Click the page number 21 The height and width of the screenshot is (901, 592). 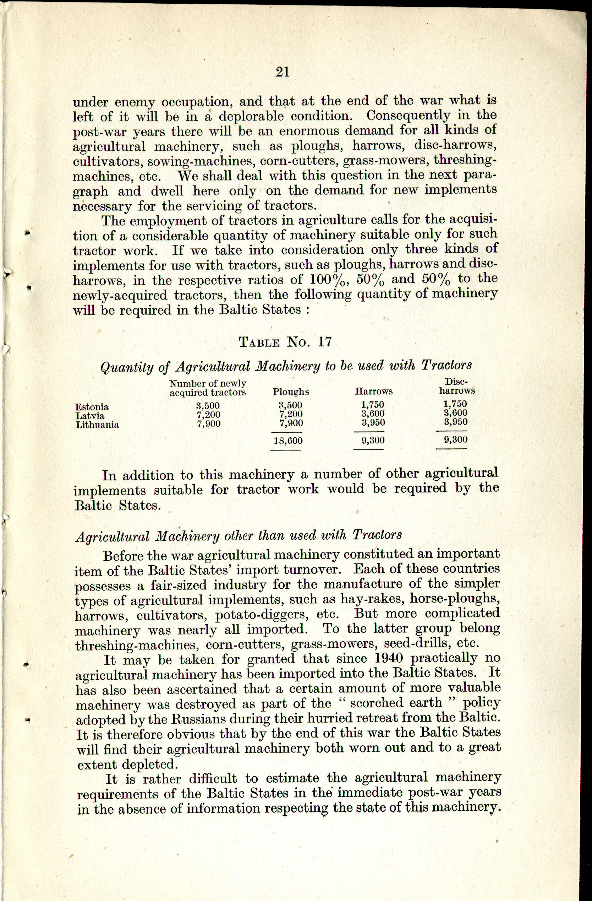(283, 71)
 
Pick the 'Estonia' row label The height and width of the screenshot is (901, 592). (92, 407)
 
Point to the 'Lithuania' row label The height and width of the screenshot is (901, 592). (97, 425)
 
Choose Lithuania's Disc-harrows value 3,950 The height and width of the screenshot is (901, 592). (455, 421)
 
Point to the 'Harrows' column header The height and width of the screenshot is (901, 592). (373, 392)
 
